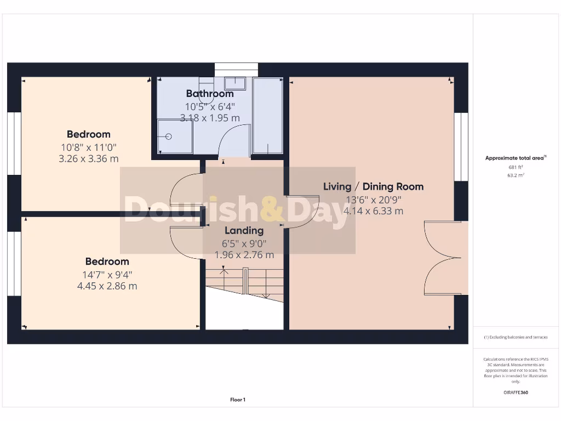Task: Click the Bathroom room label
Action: pyautogui.click(x=210, y=94)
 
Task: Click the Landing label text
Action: pyautogui.click(x=244, y=231)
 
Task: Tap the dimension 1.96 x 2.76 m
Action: pyautogui.click(x=244, y=255)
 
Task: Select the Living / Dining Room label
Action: pyautogui.click(x=373, y=186)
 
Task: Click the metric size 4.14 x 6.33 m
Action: pyautogui.click(x=373, y=210)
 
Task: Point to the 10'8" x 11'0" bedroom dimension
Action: pyautogui.click(x=89, y=147)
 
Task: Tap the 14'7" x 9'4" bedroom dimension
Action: pyautogui.click(x=107, y=274)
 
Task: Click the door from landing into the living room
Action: pyautogui.click(x=300, y=211)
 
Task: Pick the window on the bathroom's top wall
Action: pyautogui.click(x=236, y=68)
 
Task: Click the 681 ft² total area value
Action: pyautogui.click(x=515, y=167)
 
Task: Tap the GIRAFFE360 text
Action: pyautogui.click(x=515, y=392)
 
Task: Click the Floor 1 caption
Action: pyautogui.click(x=237, y=400)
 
